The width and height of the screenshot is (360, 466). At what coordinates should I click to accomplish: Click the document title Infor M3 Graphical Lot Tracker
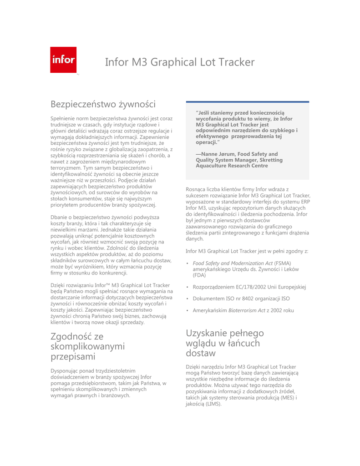(180, 62)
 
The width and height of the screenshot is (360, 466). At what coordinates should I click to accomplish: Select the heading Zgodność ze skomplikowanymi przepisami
(87, 346)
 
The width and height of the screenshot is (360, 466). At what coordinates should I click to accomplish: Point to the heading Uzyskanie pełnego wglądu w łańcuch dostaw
(225, 342)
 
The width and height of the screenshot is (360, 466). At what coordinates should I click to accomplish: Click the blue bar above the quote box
(248, 102)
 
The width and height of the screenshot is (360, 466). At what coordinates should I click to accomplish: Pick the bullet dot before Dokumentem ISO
(188, 299)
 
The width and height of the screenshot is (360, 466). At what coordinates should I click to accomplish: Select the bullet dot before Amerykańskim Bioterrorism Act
(188, 311)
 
